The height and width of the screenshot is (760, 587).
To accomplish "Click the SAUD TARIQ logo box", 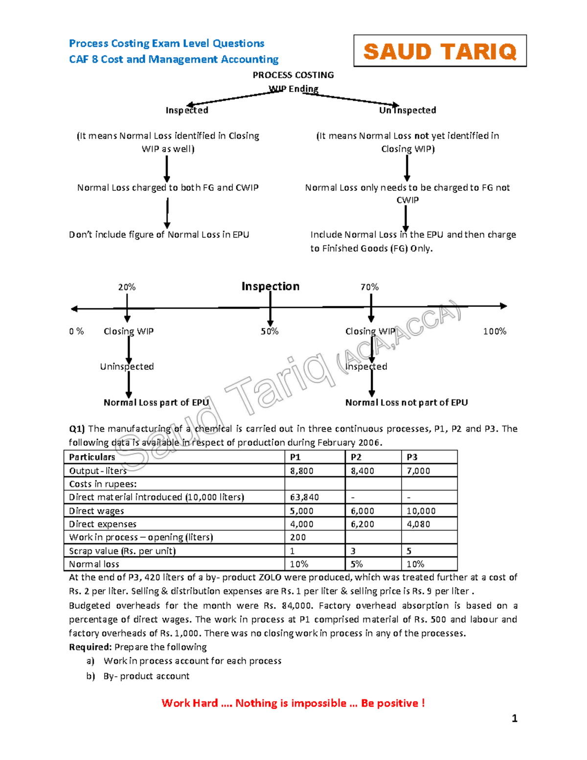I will pyautogui.click(x=440, y=51).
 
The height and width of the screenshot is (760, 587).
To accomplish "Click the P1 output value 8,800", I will pyautogui.click(x=301, y=471).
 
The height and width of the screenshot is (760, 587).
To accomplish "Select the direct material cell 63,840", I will pyautogui.click(x=304, y=497).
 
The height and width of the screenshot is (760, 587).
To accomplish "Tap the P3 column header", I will pyautogui.click(x=412, y=457).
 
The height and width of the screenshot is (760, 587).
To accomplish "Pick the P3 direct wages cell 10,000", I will pyautogui.click(x=421, y=511).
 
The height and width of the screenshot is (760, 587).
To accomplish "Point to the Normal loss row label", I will pyautogui.click(x=94, y=564).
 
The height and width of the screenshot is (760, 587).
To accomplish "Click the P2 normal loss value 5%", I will pyautogui.click(x=357, y=564).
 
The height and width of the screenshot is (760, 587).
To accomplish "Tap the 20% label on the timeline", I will pyautogui.click(x=127, y=287).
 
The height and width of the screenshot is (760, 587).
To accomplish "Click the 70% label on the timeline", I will pyautogui.click(x=369, y=287).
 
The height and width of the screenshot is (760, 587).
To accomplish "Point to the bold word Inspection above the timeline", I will pyautogui.click(x=270, y=286).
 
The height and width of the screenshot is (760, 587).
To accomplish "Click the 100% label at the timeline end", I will pyautogui.click(x=495, y=331).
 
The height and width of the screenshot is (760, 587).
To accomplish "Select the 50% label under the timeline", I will pyautogui.click(x=270, y=331).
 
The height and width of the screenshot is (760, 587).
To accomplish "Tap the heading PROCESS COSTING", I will pyautogui.click(x=293, y=75).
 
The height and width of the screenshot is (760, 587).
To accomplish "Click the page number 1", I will pyautogui.click(x=514, y=718).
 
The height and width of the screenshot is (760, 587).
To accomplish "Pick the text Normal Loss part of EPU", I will pyautogui.click(x=156, y=402).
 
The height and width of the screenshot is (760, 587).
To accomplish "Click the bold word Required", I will pyautogui.click(x=90, y=647).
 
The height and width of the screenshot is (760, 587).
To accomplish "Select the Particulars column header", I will pyautogui.click(x=92, y=457).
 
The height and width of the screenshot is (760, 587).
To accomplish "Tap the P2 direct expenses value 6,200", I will pyautogui.click(x=362, y=524).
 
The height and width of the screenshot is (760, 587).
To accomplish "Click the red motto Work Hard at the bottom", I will pyautogui.click(x=293, y=703).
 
